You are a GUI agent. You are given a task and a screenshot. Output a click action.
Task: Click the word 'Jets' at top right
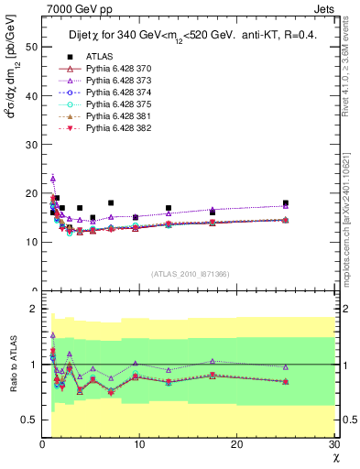[x=324, y=8]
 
